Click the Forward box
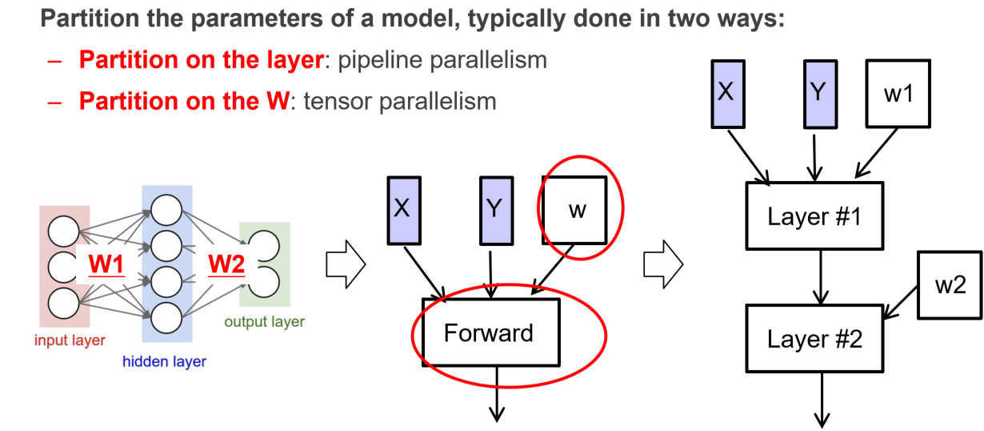[489, 332]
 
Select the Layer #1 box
[814, 216]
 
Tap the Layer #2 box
[814, 338]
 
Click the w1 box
[898, 95]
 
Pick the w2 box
[950, 285]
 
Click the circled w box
[575, 210]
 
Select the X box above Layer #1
[726, 92]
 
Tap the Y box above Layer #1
[816, 92]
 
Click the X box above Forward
[402, 211]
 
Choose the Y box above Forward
[494, 211]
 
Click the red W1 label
[106, 264]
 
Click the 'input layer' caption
[70, 340]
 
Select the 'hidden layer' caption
[164, 361]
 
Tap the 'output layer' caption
[264, 322]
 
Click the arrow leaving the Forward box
[497, 393]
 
